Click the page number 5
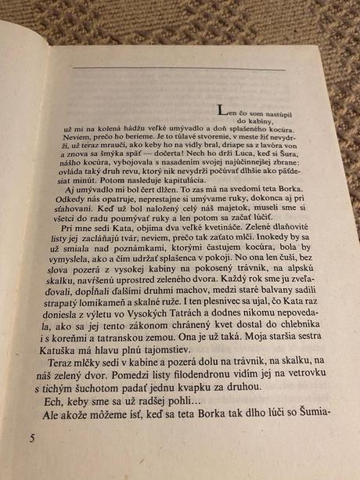(32, 437)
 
